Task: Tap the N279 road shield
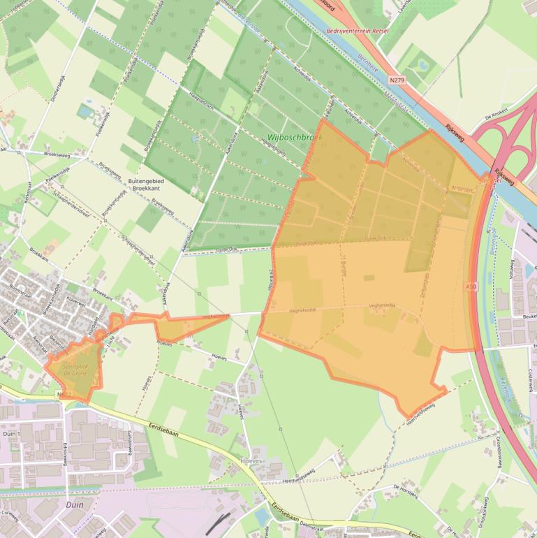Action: click(x=397, y=81)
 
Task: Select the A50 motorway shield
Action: click(x=471, y=286)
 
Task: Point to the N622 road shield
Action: click(x=65, y=395)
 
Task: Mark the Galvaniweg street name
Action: click(x=129, y=442)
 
